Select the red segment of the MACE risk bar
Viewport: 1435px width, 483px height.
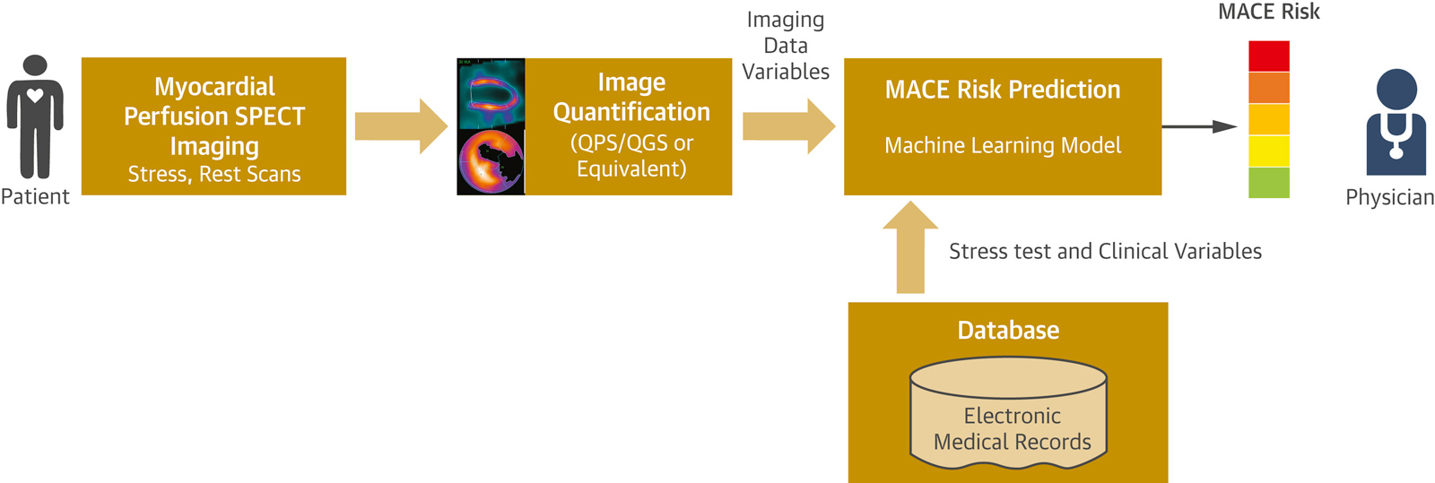coord(1269,56)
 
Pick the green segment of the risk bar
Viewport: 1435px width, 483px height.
coord(1269,182)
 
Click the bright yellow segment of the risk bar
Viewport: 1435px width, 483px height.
coord(1269,151)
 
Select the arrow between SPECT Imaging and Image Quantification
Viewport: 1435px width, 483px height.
coord(400,126)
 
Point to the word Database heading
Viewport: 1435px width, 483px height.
coord(1008,330)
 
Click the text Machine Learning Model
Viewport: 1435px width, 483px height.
coord(1003,145)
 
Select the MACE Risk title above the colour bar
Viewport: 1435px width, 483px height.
coord(1268,13)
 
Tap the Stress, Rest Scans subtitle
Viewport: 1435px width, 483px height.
coord(214,174)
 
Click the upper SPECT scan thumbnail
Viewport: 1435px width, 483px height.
coord(491,93)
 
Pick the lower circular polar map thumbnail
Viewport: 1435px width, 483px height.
coord(491,162)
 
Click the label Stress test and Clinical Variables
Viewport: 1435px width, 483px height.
coord(1105,251)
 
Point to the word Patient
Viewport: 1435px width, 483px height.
coord(35,196)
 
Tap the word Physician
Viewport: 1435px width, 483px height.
coord(1389,197)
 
